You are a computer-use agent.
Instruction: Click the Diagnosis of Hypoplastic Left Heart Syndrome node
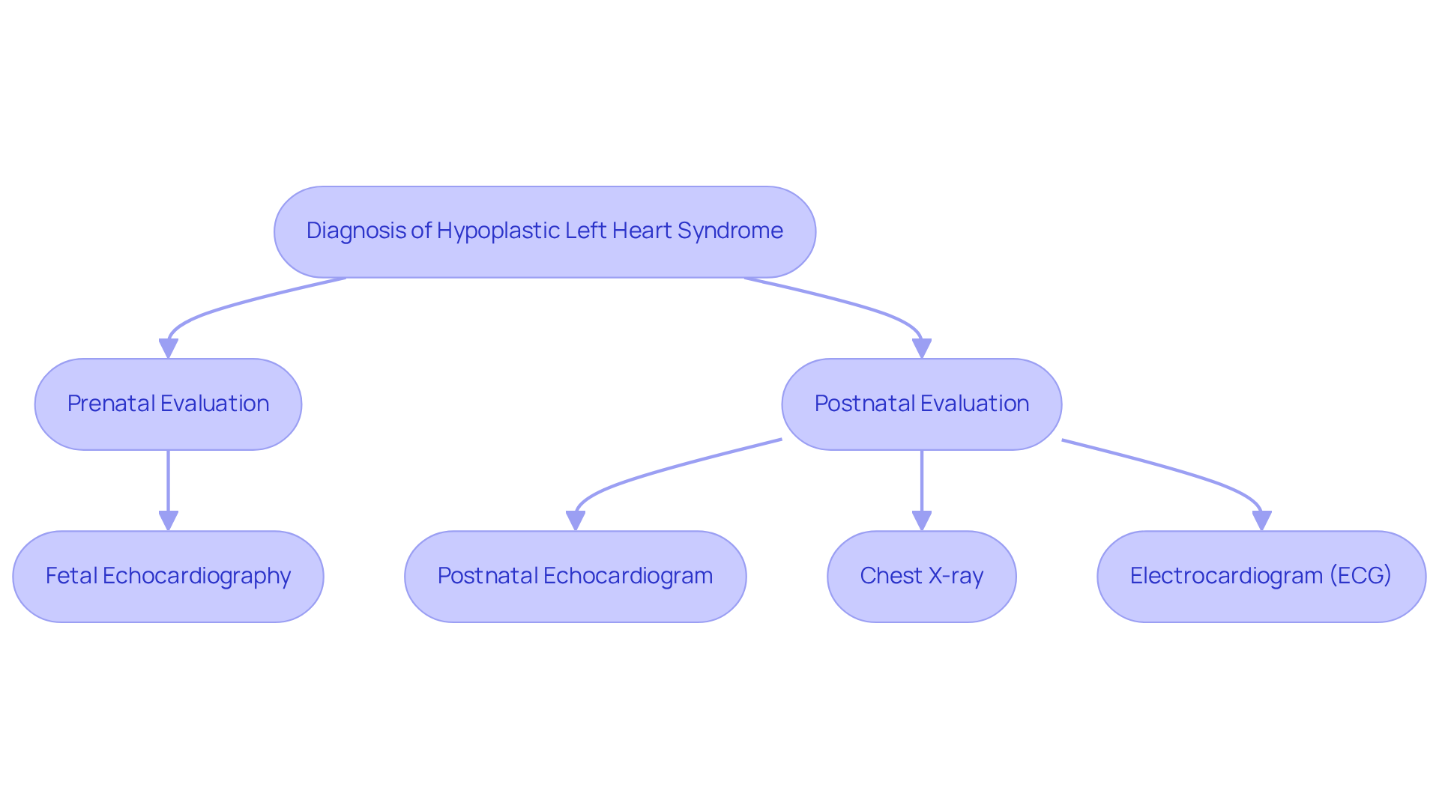click(x=545, y=232)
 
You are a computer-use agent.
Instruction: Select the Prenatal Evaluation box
click(x=168, y=404)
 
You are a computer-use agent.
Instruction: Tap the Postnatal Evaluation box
click(x=921, y=404)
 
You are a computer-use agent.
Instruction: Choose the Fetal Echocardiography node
click(x=168, y=577)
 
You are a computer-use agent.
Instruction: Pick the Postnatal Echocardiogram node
click(x=575, y=577)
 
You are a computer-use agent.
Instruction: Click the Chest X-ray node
click(x=921, y=577)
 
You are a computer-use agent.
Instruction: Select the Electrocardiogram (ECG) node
click(x=1261, y=577)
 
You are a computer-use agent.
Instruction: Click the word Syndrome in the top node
click(x=730, y=231)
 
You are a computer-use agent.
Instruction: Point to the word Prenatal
click(x=110, y=404)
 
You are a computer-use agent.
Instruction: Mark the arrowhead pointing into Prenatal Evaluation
click(x=168, y=349)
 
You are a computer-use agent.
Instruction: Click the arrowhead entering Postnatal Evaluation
click(x=921, y=349)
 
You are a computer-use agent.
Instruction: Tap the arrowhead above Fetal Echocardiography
click(x=168, y=521)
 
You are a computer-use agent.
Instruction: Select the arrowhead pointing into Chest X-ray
click(x=921, y=521)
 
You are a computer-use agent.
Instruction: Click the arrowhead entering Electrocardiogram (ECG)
click(x=1261, y=521)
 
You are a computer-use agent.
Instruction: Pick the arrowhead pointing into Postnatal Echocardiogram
click(x=575, y=521)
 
